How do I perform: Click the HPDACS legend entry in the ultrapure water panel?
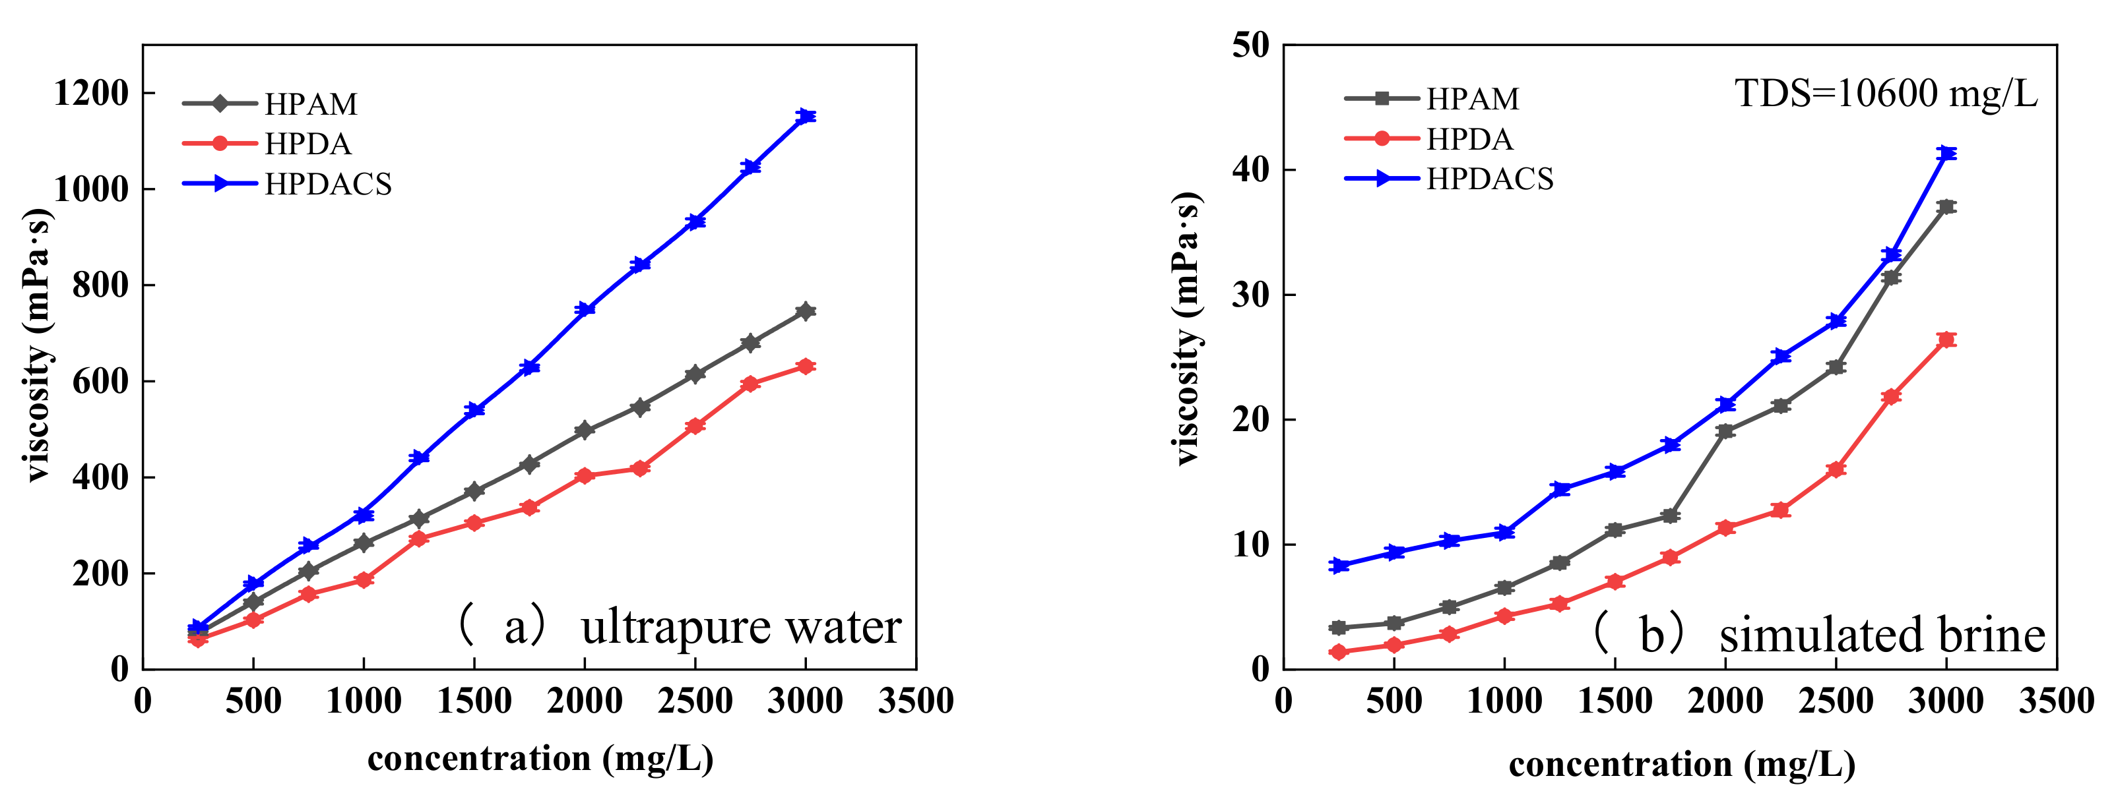[327, 184]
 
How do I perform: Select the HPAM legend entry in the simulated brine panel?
[1472, 98]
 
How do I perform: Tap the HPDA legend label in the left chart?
[307, 144]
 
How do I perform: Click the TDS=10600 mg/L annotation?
[1886, 94]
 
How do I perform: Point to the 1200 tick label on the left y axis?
[91, 93]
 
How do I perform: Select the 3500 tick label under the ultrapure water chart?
[915, 701]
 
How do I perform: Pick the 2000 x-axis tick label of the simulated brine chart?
[1725, 701]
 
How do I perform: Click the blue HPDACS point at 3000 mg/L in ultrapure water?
[806, 115]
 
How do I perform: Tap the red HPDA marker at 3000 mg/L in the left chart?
[806, 366]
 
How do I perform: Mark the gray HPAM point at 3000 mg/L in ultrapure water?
[806, 311]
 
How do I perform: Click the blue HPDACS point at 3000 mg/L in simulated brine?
[1946, 154]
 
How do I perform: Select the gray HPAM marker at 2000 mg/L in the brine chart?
[1725, 430]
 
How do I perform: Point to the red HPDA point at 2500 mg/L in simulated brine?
[1836, 469]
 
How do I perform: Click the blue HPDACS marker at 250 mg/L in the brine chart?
[1339, 565]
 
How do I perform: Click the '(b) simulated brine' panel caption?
[1818, 635]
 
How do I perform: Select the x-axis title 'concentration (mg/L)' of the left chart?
[540, 758]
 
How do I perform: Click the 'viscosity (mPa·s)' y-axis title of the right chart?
[1187, 328]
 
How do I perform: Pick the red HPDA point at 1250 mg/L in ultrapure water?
[418, 539]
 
